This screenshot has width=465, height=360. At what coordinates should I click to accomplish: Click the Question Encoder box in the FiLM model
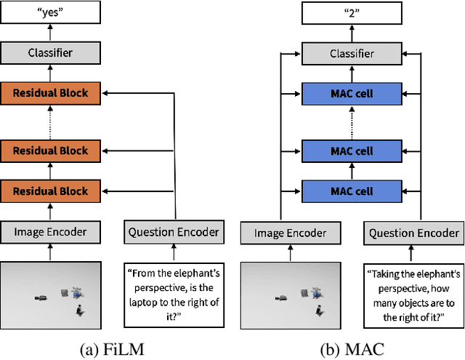tap(174, 232)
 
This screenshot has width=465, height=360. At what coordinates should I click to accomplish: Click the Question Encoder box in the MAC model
tap(414, 233)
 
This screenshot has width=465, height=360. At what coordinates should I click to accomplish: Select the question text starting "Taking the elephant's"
tap(414, 289)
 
